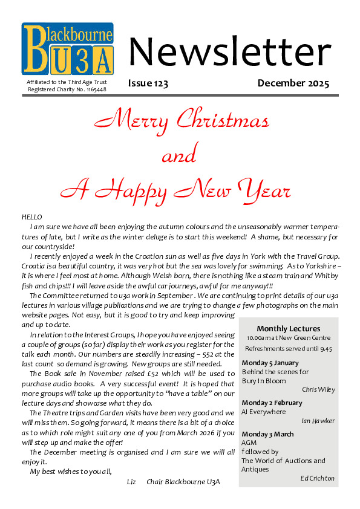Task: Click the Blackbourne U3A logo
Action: [x=68, y=49]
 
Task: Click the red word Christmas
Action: [x=223, y=120]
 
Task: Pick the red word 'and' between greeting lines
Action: [x=180, y=156]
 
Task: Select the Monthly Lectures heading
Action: [x=287, y=328]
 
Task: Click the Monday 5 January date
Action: [x=270, y=363]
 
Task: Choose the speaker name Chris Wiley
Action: [x=318, y=389]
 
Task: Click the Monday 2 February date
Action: [x=272, y=403]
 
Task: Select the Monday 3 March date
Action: [x=268, y=434]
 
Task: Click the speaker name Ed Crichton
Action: [x=318, y=478]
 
